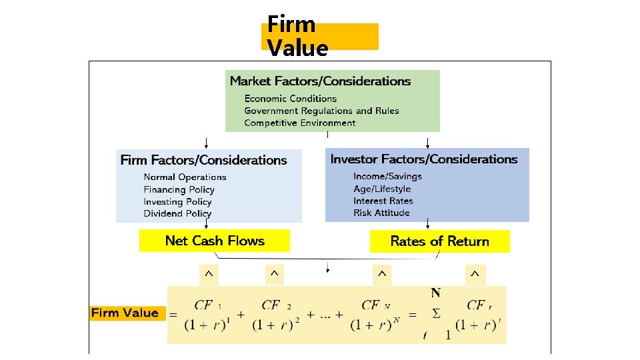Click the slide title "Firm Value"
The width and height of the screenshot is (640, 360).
297,36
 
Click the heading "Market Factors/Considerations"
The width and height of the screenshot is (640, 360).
320,81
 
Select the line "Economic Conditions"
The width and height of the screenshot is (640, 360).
290,99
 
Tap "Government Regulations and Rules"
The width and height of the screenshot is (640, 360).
321,111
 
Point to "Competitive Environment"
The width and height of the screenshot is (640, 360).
299,123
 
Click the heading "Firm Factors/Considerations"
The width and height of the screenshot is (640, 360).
203,160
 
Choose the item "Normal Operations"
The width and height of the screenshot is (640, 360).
185,177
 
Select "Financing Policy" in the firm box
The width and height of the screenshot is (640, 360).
179,189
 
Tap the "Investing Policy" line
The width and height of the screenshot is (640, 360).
177,201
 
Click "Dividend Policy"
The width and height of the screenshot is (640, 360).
177,213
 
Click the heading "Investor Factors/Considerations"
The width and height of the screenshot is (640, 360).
423,159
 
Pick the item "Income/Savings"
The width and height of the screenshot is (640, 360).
387,176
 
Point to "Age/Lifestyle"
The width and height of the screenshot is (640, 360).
382,189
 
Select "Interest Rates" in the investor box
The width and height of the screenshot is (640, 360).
383,201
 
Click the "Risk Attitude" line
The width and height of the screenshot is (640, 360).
381,213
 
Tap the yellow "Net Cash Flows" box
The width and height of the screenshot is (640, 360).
215,241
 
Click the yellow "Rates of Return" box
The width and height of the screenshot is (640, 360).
439,241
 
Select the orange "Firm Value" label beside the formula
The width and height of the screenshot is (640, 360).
125,313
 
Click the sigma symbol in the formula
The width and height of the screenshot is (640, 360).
436,313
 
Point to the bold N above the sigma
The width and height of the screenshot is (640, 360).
435,293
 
